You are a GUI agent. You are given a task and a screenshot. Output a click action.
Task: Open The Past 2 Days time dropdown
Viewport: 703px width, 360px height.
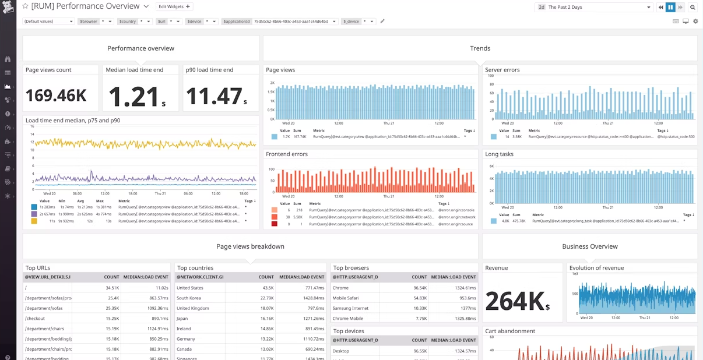tap(593, 7)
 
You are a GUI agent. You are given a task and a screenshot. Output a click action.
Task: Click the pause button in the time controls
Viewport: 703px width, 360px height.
tap(670, 7)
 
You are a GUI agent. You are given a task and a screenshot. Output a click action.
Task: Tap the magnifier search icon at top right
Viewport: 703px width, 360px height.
tap(693, 7)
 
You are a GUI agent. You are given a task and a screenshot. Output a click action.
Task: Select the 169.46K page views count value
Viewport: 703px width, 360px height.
tap(56, 95)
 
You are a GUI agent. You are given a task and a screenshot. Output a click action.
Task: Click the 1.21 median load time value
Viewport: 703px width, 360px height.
tap(134, 96)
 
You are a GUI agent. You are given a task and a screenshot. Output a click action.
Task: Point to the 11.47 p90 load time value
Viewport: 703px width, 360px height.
tap(215, 96)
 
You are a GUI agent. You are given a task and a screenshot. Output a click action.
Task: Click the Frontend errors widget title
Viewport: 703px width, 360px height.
tap(287, 154)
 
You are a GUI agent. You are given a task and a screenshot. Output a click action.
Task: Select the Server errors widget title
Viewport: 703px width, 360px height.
tap(502, 70)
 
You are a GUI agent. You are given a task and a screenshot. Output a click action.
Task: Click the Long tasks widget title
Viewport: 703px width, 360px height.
tap(500, 154)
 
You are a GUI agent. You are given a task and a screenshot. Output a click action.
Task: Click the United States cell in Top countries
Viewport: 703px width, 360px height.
tap(190, 288)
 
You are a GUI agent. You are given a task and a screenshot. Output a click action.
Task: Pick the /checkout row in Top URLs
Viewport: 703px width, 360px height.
tap(36, 319)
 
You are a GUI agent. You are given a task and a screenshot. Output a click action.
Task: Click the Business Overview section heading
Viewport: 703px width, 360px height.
tap(589, 246)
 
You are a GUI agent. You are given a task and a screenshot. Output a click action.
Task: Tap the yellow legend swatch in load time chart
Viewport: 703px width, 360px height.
tap(34, 221)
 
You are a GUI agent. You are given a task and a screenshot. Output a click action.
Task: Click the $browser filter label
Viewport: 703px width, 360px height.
tap(89, 22)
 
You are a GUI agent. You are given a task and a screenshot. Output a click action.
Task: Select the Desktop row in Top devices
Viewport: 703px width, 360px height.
tap(341, 351)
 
